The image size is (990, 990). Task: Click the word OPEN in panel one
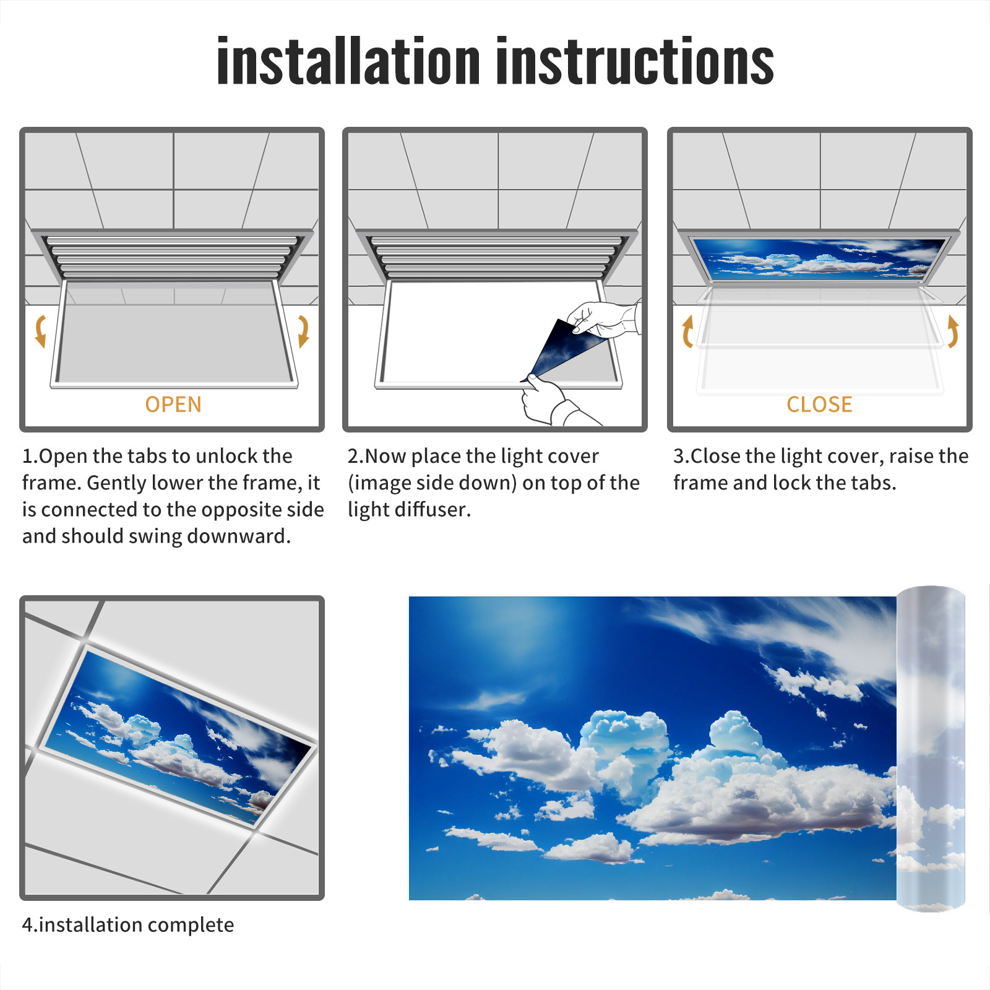click(x=173, y=405)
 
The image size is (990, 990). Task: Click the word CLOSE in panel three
click(x=819, y=405)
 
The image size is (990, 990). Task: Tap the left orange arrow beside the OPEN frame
click(x=40, y=331)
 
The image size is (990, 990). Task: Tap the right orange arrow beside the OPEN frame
click(x=303, y=331)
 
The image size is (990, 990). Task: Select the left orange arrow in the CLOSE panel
click(x=687, y=331)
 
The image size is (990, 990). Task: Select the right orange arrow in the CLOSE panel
click(x=953, y=331)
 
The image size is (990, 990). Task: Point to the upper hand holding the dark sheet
click(x=603, y=320)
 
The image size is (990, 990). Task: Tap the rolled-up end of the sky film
click(x=931, y=749)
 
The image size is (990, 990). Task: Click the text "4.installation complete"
click(x=128, y=924)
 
